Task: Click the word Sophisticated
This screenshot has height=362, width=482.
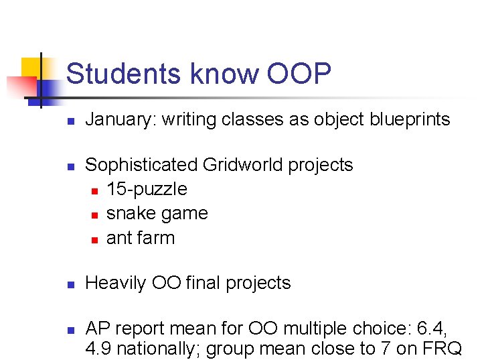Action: pos(142,165)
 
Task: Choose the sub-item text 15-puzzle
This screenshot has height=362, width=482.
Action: pos(147,189)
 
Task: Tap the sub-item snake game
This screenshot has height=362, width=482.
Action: pos(157,213)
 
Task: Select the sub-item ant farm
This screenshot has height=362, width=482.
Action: pos(141,238)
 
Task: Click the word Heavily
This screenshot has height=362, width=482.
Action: pos(116,283)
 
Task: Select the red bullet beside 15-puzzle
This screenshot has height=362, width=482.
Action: pos(94,190)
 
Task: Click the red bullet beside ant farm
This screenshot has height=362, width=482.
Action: pos(94,239)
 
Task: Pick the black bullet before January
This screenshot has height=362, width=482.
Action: pos(70,121)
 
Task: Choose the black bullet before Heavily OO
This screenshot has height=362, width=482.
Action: pos(70,284)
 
